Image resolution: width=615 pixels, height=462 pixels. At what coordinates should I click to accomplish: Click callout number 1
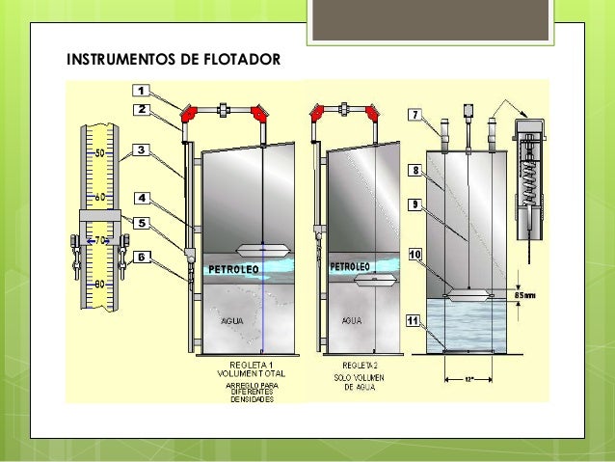pos(141,90)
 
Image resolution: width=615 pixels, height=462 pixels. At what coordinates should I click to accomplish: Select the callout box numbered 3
pos(141,150)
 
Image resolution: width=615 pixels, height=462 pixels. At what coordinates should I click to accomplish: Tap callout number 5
pos(141,222)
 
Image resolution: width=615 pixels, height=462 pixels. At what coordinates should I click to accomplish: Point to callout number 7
pos(417,115)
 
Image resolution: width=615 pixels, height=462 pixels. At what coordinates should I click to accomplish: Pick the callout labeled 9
pos(417,204)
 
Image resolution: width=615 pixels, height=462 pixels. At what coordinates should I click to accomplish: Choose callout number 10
pos(417,255)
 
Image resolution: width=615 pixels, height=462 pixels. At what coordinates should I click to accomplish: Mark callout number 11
pos(417,320)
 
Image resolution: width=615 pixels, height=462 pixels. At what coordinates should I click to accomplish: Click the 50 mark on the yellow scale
pos(99,152)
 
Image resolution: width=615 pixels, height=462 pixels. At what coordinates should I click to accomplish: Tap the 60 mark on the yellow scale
pos(99,196)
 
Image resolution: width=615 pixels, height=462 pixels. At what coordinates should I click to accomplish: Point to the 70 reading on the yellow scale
pos(99,240)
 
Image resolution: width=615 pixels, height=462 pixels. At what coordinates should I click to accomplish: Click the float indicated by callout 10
pos(467,295)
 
